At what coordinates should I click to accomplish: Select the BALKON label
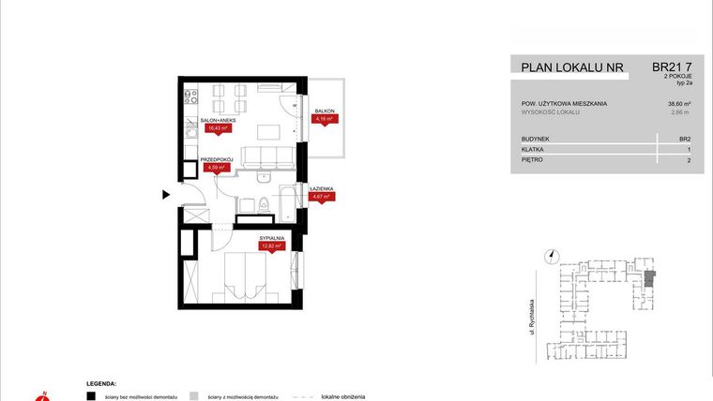click(x=326, y=111)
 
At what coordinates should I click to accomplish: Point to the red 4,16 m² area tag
click(x=325, y=119)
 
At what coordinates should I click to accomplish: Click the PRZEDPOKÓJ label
click(x=217, y=160)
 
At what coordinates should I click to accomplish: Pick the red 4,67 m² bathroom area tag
click(x=322, y=198)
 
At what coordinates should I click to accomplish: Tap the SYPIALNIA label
click(x=272, y=239)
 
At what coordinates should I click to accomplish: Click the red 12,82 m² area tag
click(x=272, y=246)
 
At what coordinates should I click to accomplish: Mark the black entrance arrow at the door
click(x=166, y=195)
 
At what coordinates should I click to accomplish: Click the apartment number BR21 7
click(x=672, y=67)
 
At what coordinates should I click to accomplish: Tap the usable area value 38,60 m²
click(x=678, y=103)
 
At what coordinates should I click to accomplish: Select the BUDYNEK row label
click(x=536, y=138)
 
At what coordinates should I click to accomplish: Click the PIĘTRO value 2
click(x=688, y=160)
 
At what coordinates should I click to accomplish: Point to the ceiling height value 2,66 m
click(x=680, y=112)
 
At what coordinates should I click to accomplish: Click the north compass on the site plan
click(x=553, y=255)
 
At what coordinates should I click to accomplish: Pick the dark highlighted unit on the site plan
click(x=650, y=276)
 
